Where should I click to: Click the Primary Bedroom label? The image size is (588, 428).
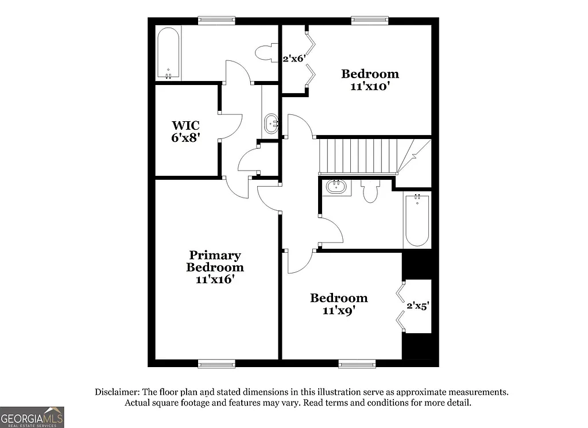[x=215, y=267]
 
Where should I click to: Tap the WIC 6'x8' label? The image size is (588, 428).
[x=185, y=132]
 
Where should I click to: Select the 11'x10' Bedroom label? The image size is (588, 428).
[x=370, y=80]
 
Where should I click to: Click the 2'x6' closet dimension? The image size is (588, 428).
[x=292, y=58]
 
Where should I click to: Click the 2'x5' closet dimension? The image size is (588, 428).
[x=417, y=306]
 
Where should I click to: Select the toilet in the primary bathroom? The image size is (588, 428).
[x=265, y=53]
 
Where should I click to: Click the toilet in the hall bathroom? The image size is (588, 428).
[x=370, y=192]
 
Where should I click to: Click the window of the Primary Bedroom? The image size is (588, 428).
[x=216, y=363]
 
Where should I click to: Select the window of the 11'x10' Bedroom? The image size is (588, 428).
[x=370, y=21]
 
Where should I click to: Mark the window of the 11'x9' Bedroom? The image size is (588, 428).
[x=357, y=363]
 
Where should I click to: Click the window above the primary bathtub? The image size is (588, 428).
[x=216, y=21]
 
